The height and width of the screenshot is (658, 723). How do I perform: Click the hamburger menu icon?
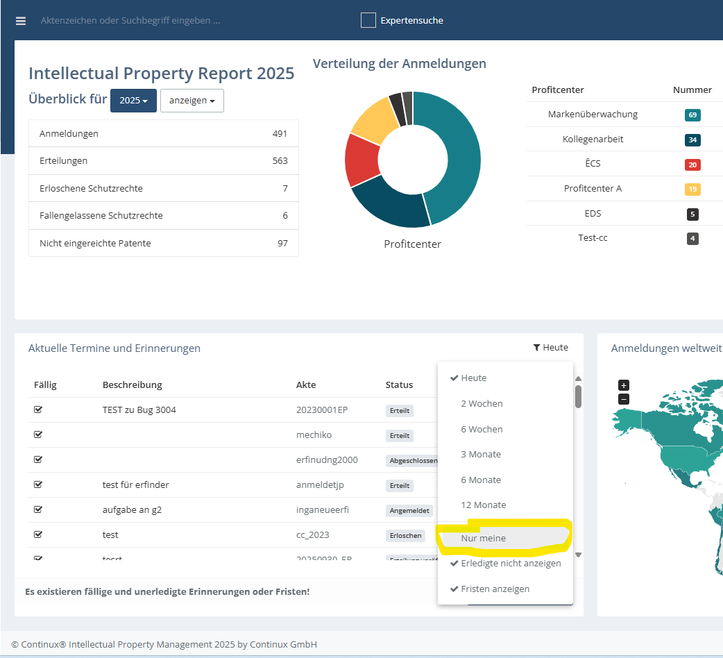click(x=21, y=21)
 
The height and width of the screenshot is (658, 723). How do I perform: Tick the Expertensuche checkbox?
click(x=368, y=20)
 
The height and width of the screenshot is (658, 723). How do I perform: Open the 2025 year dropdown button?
click(x=133, y=101)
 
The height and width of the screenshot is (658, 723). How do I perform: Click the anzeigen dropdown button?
click(x=192, y=101)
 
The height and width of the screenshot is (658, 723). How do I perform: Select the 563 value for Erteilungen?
click(x=280, y=160)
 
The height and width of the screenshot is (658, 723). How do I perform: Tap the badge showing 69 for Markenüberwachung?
click(x=692, y=115)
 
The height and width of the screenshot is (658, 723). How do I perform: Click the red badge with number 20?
click(x=692, y=164)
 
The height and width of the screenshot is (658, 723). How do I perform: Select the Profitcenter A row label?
click(x=593, y=189)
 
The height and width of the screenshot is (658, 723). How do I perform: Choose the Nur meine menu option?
click(x=484, y=538)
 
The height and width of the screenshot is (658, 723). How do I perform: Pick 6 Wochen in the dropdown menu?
click(x=482, y=429)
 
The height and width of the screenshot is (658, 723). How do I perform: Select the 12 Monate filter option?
click(x=484, y=505)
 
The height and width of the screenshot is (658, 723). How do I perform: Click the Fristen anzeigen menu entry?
click(x=495, y=589)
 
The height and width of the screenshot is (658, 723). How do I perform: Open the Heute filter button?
click(x=551, y=348)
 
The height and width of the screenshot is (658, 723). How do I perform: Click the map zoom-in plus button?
click(x=624, y=385)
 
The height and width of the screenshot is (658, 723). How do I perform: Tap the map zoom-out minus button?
click(x=624, y=399)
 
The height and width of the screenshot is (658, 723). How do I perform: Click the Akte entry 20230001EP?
click(x=321, y=410)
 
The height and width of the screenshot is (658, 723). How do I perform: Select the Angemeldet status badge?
click(x=409, y=510)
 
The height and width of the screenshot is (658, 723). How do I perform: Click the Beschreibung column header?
click(x=132, y=385)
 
